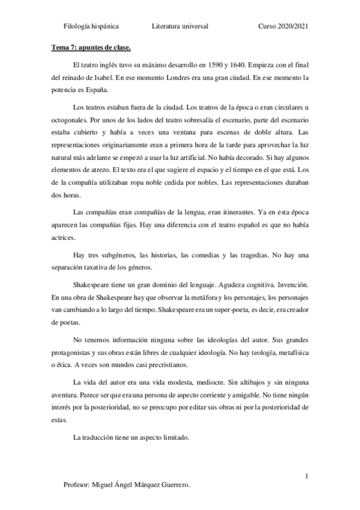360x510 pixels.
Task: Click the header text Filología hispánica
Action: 91,26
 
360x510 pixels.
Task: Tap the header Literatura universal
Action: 180,26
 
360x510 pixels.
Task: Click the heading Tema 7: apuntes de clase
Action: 90,46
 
